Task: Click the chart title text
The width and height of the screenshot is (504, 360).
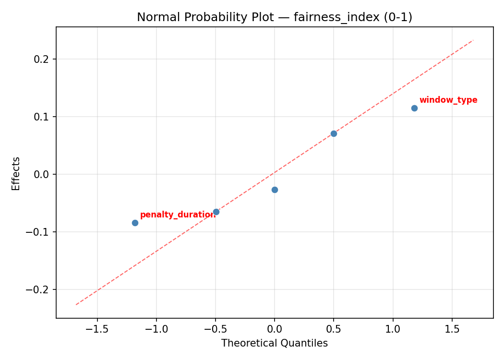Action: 275,17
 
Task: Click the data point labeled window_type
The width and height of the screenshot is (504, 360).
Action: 414,108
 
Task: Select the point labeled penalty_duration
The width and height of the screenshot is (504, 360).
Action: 135,223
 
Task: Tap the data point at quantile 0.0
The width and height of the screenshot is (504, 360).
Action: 275,190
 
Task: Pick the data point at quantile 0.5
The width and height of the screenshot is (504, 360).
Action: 334,133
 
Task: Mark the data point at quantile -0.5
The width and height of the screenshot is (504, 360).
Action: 216,212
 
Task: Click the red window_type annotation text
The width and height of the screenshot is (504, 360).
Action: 448,100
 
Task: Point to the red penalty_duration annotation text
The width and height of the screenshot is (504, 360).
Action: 178,215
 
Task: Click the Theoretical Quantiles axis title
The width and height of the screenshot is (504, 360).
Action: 275,344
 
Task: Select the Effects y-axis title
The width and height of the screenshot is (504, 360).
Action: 16,173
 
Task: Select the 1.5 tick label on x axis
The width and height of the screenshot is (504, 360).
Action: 452,330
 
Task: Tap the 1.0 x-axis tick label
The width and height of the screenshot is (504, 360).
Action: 393,330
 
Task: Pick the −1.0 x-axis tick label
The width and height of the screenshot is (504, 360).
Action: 156,330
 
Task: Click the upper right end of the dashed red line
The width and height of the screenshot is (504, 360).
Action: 473,40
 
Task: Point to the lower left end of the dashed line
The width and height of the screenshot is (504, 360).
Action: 76,305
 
